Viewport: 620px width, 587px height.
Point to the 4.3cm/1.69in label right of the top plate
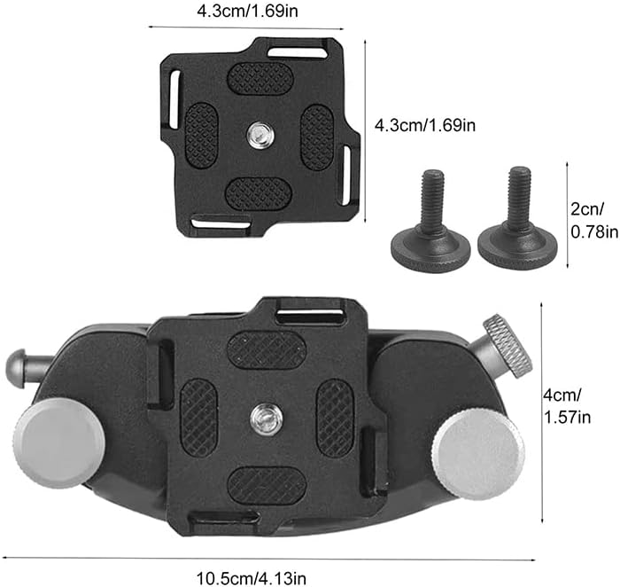tap(425, 125)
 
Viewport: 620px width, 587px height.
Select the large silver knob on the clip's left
tap(59, 441)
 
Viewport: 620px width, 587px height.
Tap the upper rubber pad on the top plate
tap(260, 78)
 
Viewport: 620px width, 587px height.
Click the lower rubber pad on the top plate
tap(258, 192)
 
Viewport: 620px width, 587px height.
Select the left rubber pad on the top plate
tap(201, 134)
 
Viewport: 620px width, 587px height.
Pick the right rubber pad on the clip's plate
tap(334, 417)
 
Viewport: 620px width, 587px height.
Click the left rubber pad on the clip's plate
tap(198, 418)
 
